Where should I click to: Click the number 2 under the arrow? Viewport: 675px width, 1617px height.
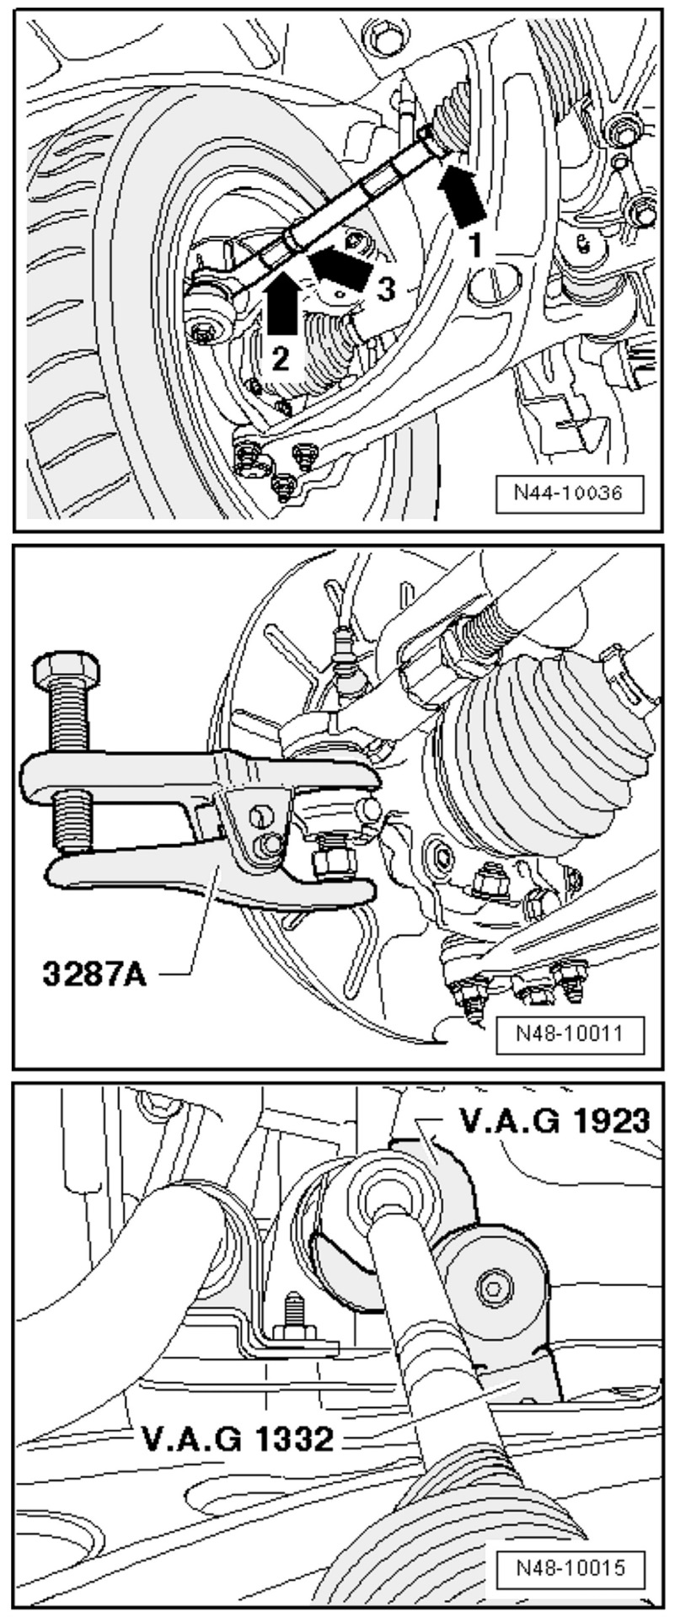[x=281, y=360]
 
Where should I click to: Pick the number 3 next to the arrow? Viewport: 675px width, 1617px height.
[x=383, y=289]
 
